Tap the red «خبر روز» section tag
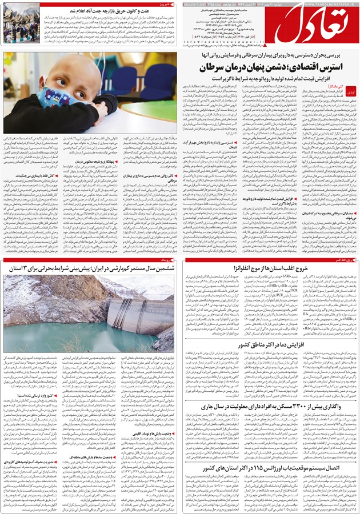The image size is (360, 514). [166, 5]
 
